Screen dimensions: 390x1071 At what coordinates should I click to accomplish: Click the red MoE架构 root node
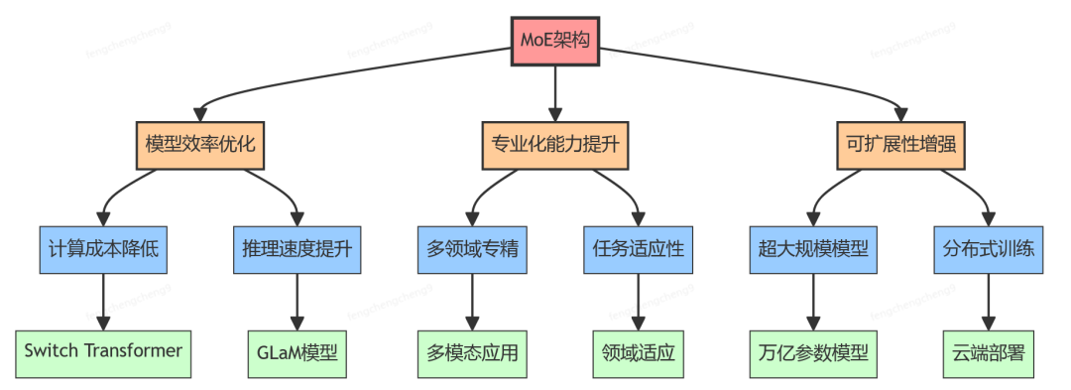point(555,42)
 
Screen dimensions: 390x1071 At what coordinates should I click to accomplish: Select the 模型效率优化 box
point(200,145)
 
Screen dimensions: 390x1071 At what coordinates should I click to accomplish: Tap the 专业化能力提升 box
point(555,145)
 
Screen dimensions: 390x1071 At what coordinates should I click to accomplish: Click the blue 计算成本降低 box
point(103,248)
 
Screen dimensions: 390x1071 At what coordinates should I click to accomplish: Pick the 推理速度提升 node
point(297,248)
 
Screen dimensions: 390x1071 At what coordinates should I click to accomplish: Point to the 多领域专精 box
point(471,248)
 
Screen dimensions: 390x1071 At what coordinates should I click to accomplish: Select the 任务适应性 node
point(638,248)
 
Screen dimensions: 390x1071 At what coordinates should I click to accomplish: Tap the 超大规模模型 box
point(812,248)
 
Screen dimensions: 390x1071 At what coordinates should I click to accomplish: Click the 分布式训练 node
point(987,248)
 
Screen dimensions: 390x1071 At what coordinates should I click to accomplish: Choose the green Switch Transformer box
point(103,351)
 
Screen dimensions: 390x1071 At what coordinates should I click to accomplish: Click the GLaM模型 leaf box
point(297,351)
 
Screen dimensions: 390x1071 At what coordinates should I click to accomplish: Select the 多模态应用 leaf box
point(471,351)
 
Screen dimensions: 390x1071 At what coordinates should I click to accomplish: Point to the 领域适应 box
point(638,351)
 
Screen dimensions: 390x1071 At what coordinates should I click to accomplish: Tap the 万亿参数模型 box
point(812,351)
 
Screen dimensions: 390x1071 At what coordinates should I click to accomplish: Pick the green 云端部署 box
point(987,351)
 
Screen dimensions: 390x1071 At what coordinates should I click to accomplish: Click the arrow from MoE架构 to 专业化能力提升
point(555,93)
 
